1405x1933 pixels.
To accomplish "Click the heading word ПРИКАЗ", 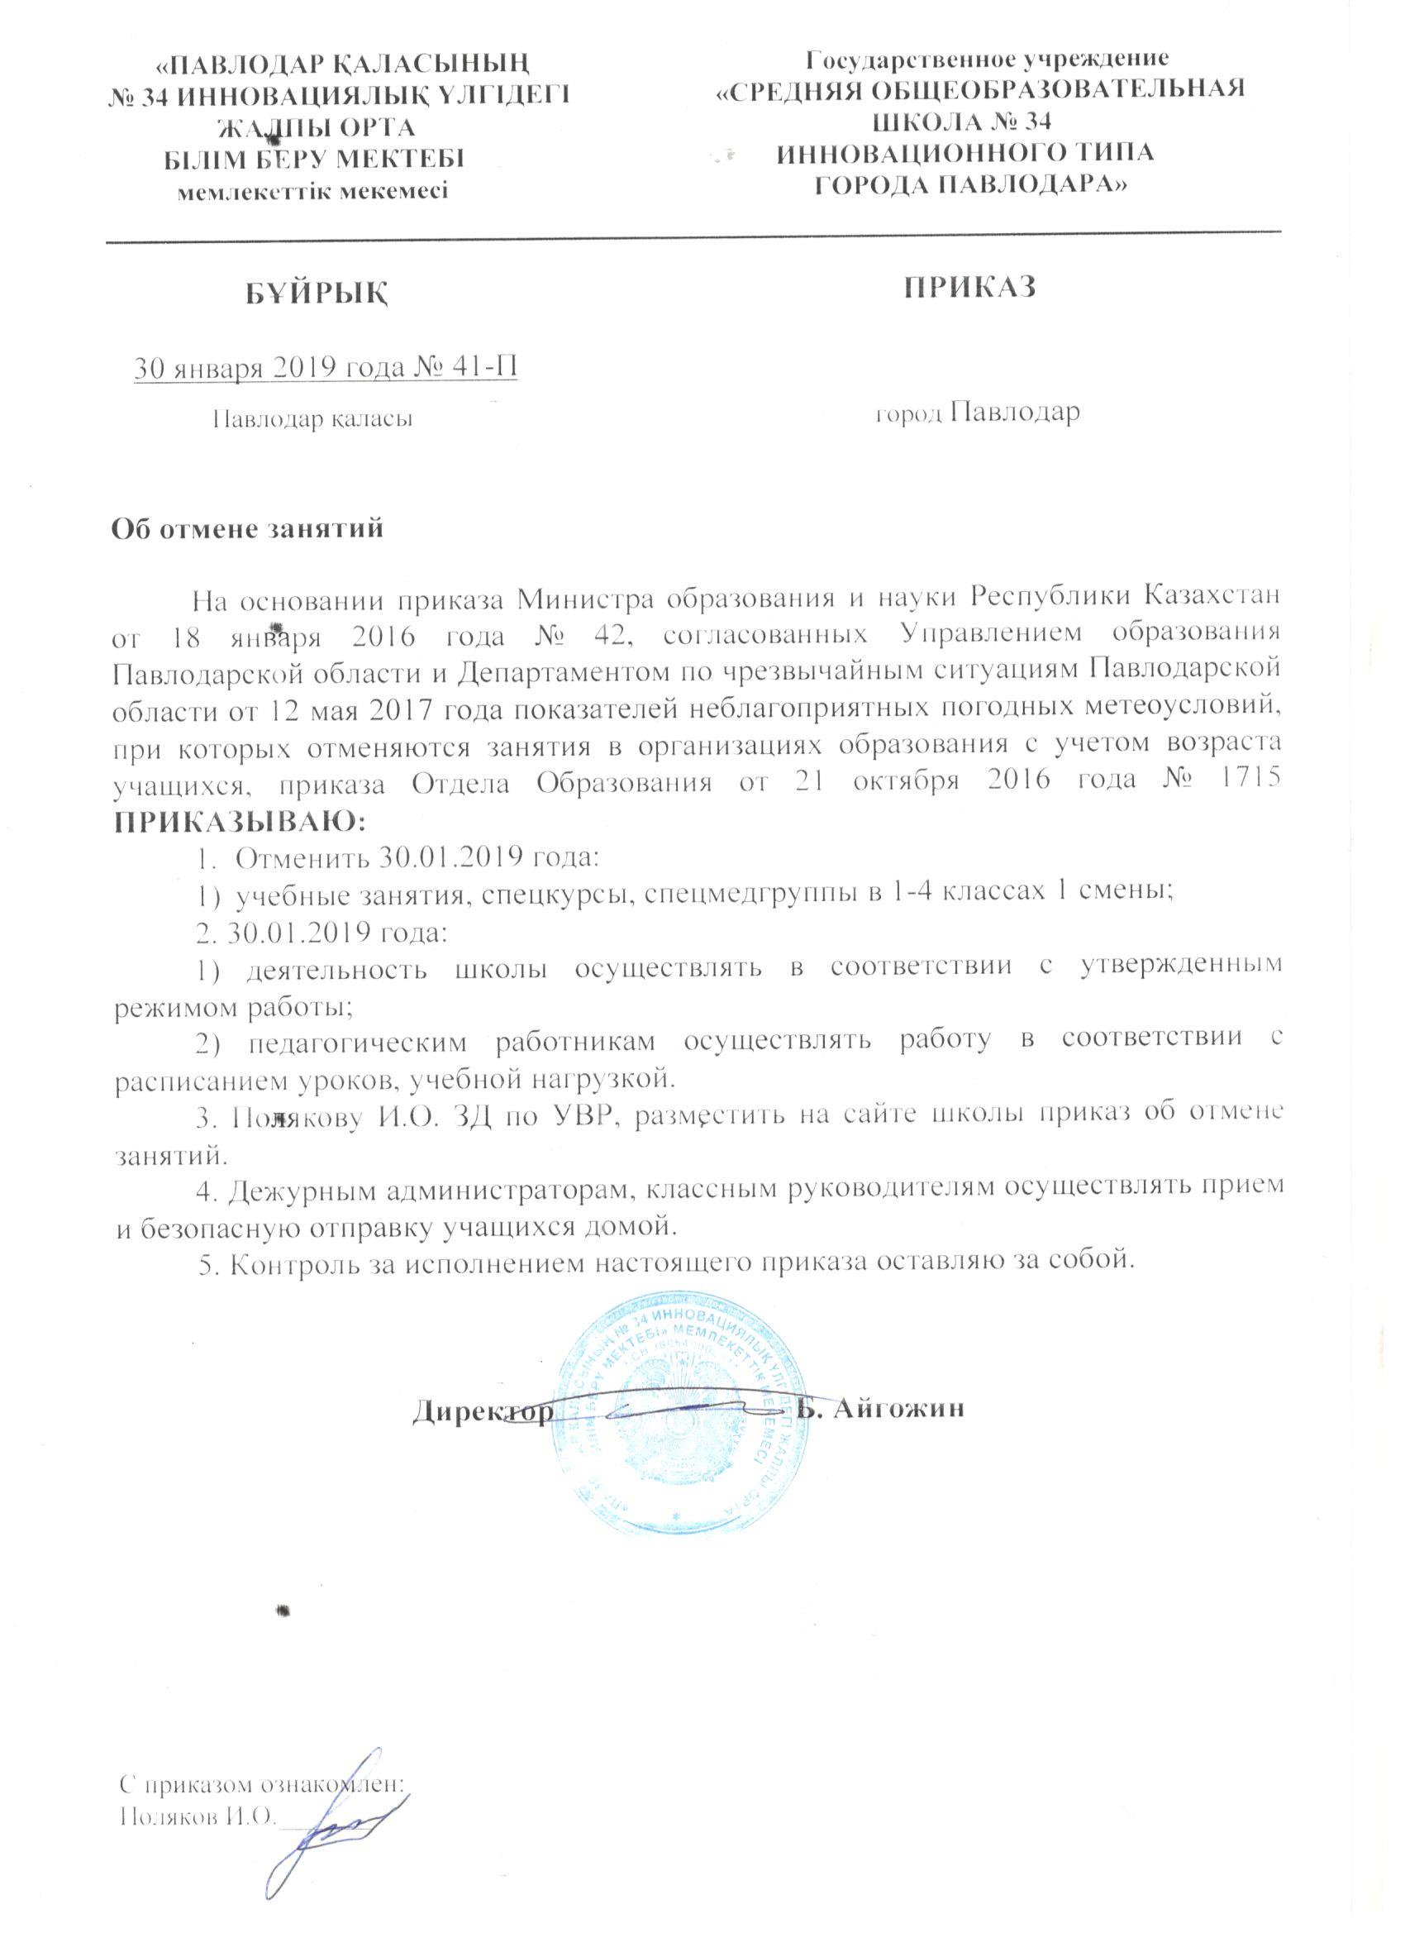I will (969, 287).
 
